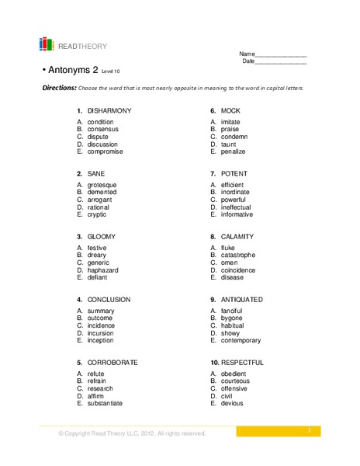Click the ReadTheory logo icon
pyautogui.click(x=47, y=44)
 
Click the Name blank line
pyautogui.click(x=281, y=54)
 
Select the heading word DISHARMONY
pyautogui.click(x=109, y=110)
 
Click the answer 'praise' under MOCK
pyautogui.click(x=230, y=130)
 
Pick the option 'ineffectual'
pyautogui.click(x=240, y=207)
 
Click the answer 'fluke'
pyautogui.click(x=229, y=248)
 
